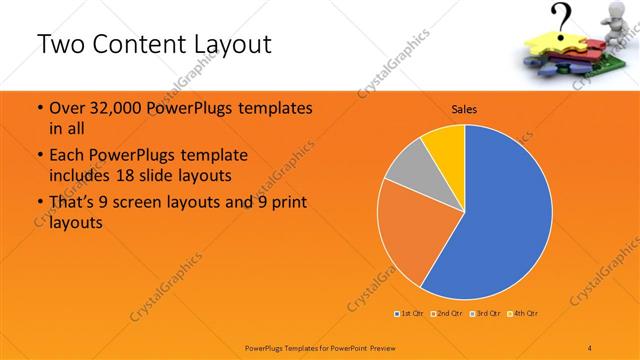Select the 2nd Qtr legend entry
447,313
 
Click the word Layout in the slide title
229,46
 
